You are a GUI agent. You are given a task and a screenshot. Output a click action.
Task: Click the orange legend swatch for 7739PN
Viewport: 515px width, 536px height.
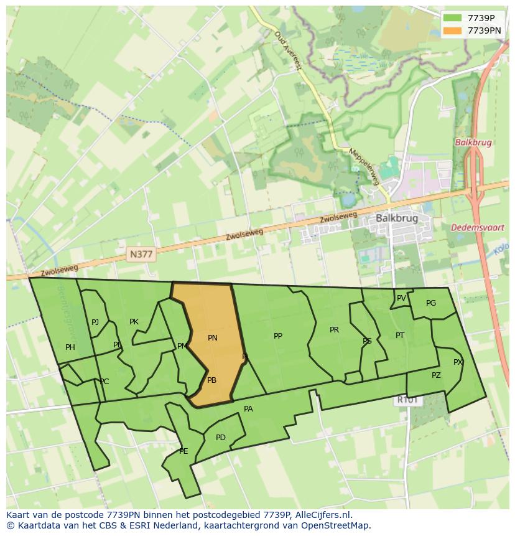point(453,31)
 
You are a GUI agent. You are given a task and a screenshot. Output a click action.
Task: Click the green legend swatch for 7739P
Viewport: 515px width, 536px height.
point(453,18)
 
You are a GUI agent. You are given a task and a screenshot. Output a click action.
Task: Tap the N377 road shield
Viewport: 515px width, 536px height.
point(141,254)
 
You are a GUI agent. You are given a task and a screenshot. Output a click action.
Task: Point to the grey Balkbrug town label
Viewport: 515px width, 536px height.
point(397,219)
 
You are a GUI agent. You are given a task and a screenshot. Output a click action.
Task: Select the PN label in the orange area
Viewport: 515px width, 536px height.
point(213,338)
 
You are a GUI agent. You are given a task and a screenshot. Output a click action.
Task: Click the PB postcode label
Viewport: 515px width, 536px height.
point(211,380)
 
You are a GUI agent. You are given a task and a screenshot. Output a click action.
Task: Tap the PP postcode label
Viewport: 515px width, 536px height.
point(278,336)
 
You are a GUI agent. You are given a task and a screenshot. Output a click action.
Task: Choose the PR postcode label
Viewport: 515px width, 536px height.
point(334,330)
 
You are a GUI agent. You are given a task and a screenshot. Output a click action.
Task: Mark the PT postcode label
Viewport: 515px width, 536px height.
point(400,336)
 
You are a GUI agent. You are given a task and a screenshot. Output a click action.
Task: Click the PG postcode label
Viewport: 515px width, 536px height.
point(431,303)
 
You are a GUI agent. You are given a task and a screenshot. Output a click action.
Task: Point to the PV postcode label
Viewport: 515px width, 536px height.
point(401,298)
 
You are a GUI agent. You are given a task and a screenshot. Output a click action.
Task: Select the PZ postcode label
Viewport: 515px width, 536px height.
point(436,375)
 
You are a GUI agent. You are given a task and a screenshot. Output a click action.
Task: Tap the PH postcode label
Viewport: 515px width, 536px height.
point(70,347)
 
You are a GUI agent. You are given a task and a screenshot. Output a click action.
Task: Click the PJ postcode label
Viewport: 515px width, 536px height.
point(95,322)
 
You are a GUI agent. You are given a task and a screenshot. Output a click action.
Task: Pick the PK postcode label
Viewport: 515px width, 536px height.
point(134,322)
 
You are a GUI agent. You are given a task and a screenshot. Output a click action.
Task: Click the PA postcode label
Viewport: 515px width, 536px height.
point(248,409)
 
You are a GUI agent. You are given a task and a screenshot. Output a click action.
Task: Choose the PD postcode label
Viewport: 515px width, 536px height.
point(221,438)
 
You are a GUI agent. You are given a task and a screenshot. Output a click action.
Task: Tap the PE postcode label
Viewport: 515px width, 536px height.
point(183,451)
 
